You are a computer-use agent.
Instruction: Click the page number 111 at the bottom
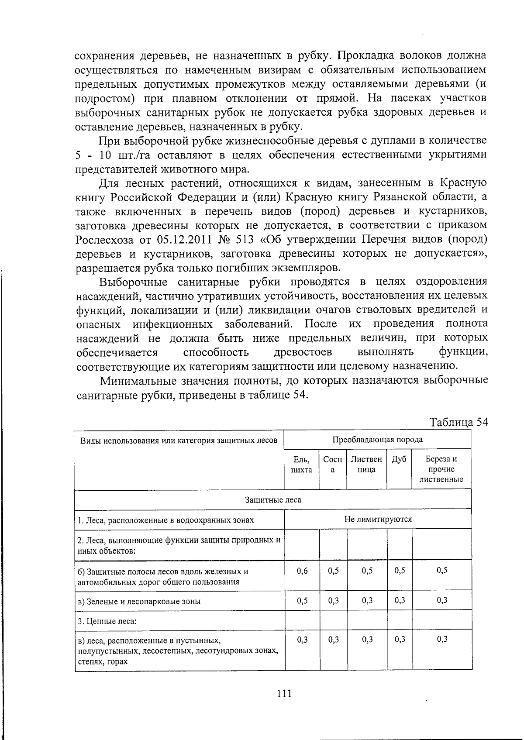pyautogui.click(x=284, y=693)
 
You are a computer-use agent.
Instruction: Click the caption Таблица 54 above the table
pyautogui.click(x=458, y=422)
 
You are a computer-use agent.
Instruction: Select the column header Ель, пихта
pyautogui.click(x=301, y=465)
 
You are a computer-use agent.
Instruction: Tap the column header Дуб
pyautogui.click(x=399, y=459)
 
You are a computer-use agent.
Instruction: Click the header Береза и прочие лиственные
pyautogui.click(x=441, y=469)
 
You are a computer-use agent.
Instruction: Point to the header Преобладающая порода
pyautogui.click(x=377, y=439)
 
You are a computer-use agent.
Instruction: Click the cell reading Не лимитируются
pyautogui.click(x=378, y=519)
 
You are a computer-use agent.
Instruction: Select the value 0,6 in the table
pyautogui.click(x=302, y=571)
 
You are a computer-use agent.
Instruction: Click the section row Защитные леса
pyautogui.click(x=273, y=499)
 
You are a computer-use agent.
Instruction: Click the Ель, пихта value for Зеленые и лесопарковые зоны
pyautogui.click(x=302, y=600)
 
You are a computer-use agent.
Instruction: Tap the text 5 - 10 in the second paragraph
pyautogui.click(x=94, y=155)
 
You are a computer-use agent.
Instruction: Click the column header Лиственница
pyautogui.click(x=366, y=465)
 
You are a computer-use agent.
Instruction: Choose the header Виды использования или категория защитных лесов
pyautogui.click(x=179, y=440)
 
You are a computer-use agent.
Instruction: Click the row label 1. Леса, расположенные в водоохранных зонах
pyautogui.click(x=166, y=520)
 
